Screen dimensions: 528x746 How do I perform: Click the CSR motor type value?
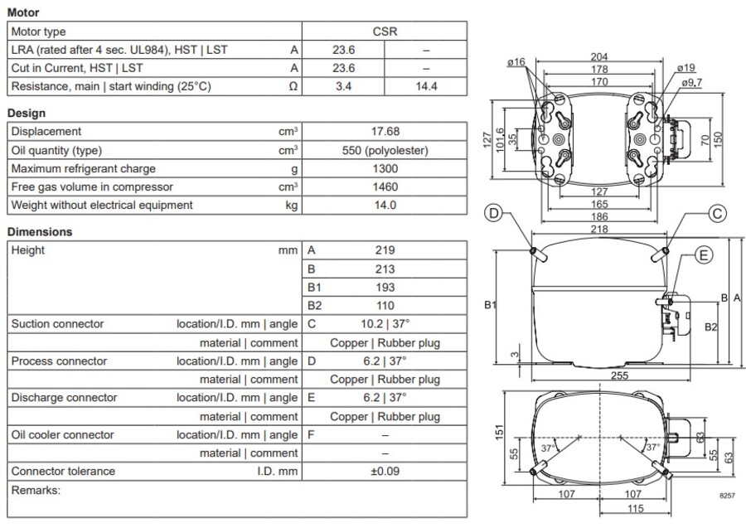(385, 31)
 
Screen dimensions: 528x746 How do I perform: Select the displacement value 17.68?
(385, 131)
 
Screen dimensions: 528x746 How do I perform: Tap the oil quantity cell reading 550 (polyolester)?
(385, 150)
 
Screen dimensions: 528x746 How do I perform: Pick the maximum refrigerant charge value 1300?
(385, 168)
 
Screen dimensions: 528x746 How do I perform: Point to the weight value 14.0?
(385, 205)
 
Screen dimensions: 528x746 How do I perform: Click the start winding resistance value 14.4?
(427, 86)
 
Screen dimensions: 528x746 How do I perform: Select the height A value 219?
(385, 249)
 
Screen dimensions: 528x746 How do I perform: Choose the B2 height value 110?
(385, 305)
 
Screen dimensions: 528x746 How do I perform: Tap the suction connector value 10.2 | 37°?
(385, 323)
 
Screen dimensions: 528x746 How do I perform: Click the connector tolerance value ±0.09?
(385, 471)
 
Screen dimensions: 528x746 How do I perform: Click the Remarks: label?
(36, 490)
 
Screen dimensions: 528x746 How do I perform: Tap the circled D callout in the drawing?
(494, 214)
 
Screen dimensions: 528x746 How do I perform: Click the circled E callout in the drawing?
(703, 255)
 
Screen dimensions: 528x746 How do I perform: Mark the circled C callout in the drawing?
(718, 214)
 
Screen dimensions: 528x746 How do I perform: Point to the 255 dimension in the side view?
(618, 375)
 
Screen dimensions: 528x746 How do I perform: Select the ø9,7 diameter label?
(692, 83)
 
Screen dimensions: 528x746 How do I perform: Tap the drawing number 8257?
(726, 494)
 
